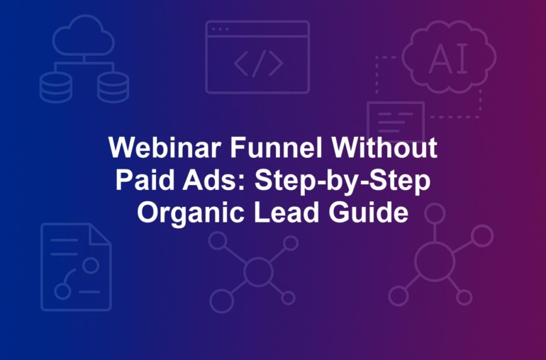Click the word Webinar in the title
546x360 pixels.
165,147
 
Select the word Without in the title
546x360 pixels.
384,147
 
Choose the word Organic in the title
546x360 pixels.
191,213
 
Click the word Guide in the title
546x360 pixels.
368,212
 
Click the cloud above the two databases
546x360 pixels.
84,35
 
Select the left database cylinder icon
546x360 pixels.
56,87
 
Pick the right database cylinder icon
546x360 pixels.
113,87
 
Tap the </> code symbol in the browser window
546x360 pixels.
258,63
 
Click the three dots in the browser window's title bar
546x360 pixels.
220,29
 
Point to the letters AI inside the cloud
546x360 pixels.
448,59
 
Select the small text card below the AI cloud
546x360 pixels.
396,121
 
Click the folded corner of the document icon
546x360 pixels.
100,235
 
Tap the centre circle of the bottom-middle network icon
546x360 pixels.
258,271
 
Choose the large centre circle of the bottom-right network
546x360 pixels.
435,261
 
